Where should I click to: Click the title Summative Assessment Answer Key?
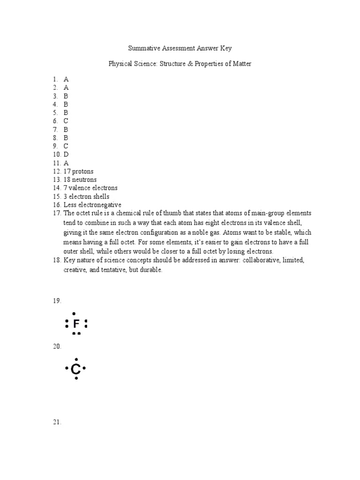[x=180, y=48]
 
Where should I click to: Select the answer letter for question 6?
[x=66, y=120]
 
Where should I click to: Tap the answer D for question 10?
[x=66, y=154]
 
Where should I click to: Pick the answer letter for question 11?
[x=66, y=163]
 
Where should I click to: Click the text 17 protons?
[x=78, y=171]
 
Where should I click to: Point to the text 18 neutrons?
[x=80, y=180]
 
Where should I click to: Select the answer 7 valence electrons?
[x=90, y=188]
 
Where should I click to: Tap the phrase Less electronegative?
[x=92, y=205]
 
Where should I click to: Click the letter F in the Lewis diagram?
[x=76, y=323]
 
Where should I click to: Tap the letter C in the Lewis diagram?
[x=75, y=370]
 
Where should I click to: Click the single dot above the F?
[x=74, y=313]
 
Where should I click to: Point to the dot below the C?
[x=76, y=378]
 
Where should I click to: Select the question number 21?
[x=56, y=422]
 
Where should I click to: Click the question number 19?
[x=56, y=300]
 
